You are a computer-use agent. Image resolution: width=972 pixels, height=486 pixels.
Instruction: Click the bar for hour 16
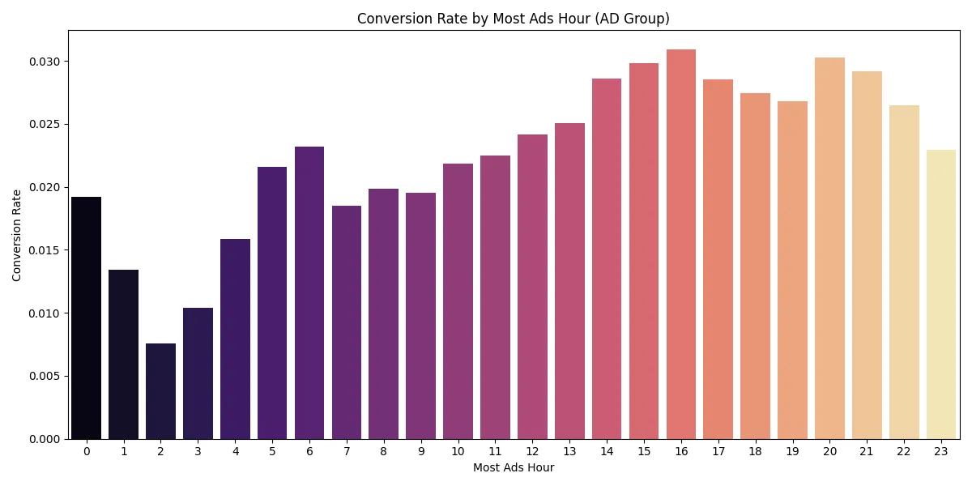tap(681, 244)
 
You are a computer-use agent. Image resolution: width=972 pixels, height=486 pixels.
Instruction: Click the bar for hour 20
tap(829, 248)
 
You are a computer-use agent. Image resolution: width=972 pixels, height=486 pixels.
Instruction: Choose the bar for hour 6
tap(309, 292)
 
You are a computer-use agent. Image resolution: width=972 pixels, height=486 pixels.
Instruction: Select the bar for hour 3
tap(198, 373)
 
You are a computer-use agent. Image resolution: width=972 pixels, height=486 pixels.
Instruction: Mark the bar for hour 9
tap(420, 316)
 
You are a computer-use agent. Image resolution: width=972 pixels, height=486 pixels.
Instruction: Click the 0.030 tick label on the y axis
tap(46, 62)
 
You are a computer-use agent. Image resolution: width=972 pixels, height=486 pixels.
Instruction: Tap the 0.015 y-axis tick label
tap(46, 250)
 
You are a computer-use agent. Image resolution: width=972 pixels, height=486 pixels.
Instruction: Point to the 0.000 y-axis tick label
tap(46, 439)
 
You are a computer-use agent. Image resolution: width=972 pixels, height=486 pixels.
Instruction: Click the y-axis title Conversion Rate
tap(17, 235)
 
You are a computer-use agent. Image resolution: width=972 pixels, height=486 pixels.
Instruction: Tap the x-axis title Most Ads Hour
tap(514, 468)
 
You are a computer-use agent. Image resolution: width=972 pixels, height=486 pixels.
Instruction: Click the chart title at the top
tap(514, 19)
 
